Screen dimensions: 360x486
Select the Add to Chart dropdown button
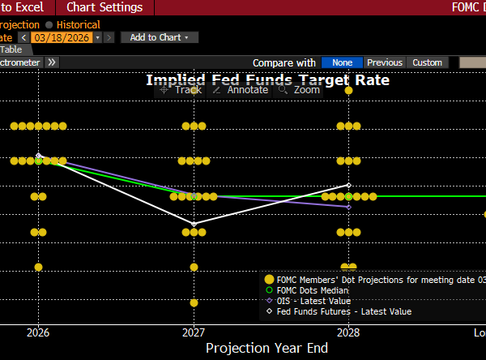(159, 37)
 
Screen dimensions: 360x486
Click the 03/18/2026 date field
(62, 37)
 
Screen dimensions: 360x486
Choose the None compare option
(342, 62)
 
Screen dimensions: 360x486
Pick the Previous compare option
(384, 62)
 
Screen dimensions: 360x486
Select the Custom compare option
(427, 62)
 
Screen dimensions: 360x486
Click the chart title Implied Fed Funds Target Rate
(267, 79)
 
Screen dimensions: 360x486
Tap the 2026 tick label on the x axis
(38, 332)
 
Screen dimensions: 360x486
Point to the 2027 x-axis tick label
(194, 332)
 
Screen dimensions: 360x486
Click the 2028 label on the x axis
(348, 332)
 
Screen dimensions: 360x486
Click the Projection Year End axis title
(266, 348)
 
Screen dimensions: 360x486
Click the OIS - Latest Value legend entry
(309, 301)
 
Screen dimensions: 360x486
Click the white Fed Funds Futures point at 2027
(194, 224)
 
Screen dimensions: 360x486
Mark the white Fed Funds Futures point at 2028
(348, 185)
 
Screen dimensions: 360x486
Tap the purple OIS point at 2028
(348, 207)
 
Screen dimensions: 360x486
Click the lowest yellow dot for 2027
(194, 302)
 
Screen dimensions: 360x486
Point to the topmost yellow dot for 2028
(348, 91)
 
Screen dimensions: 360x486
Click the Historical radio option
(72, 25)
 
